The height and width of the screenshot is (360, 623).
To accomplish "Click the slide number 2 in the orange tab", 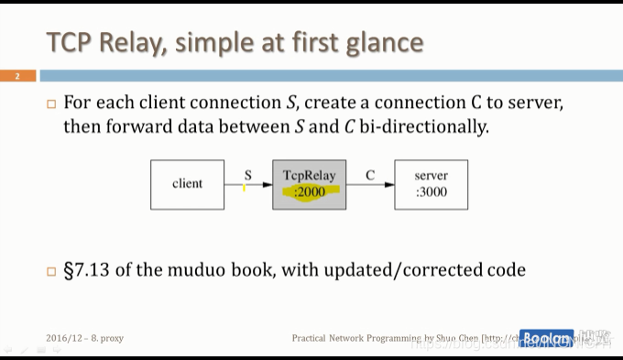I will click(17, 76).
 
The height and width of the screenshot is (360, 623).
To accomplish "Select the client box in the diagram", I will click(187, 184).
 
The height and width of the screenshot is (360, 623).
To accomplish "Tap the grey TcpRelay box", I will click(309, 184).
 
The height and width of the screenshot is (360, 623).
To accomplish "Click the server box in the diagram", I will click(431, 184).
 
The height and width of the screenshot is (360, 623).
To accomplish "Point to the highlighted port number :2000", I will click(310, 192).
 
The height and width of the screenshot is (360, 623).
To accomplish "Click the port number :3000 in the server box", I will click(431, 192).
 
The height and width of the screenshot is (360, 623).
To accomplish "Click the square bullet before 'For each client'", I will click(51, 104).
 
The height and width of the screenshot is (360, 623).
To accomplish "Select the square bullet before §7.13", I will click(51, 271).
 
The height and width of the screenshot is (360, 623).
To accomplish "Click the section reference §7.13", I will click(89, 270).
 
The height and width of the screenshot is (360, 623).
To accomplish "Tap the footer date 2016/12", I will click(64, 338).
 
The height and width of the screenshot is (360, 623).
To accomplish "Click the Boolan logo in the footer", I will click(546, 337).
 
